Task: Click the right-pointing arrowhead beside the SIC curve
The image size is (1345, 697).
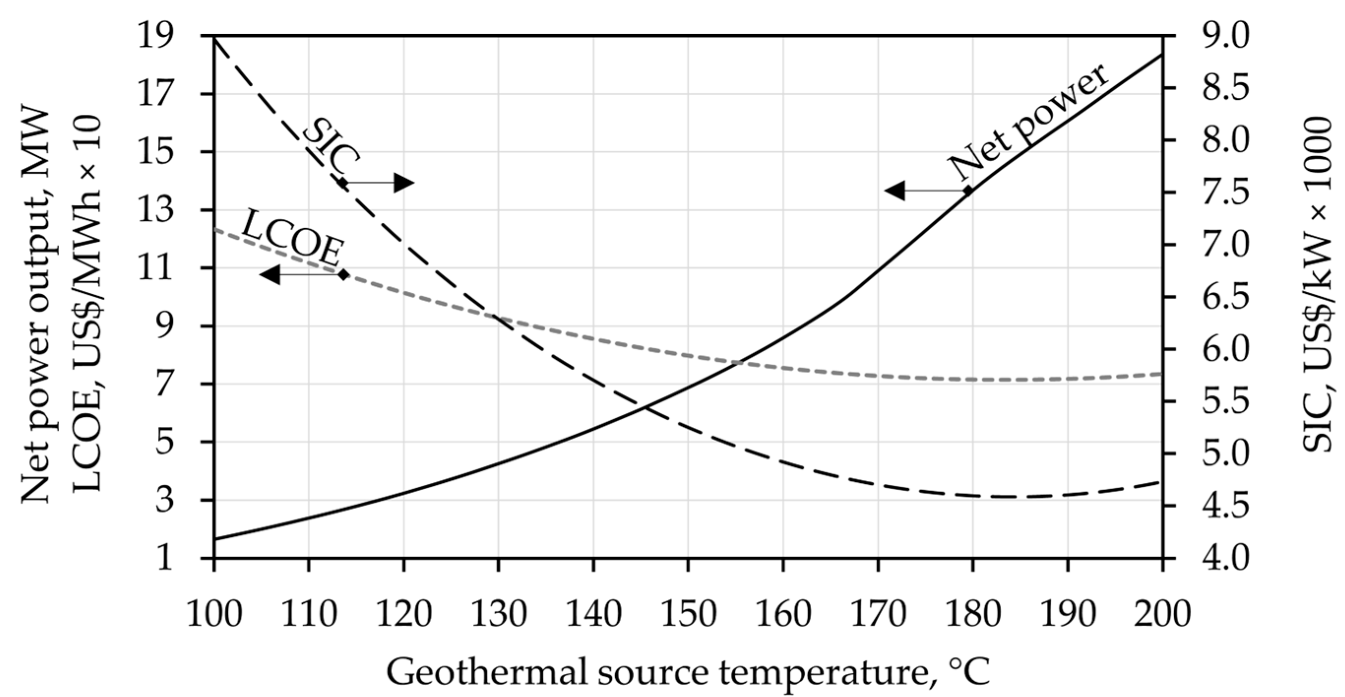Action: (404, 183)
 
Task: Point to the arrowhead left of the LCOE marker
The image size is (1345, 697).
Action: (269, 274)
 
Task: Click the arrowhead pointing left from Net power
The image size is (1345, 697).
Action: (894, 190)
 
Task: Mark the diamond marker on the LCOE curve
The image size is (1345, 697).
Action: (343, 274)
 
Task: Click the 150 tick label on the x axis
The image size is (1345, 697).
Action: (688, 614)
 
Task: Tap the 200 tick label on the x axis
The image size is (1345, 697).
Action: (1162, 614)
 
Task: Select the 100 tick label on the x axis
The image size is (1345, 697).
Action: (214, 614)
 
